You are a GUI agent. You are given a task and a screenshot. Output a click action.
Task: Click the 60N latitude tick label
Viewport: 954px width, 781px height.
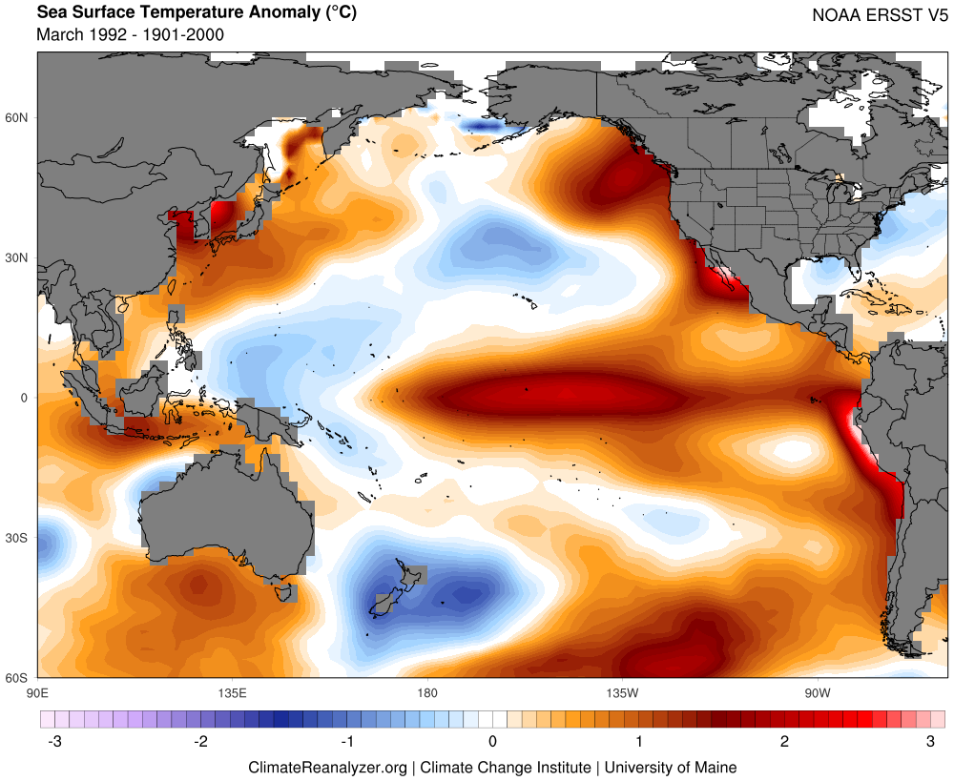pos(18,118)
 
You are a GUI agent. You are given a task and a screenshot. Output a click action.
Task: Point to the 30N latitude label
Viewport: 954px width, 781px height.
pos(18,257)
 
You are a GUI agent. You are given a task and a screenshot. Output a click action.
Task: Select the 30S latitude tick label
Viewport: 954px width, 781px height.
pos(18,538)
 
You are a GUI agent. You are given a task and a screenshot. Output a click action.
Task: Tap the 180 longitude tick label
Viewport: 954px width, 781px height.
pos(426,690)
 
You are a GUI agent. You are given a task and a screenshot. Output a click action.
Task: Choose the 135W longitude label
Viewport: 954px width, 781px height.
pos(620,690)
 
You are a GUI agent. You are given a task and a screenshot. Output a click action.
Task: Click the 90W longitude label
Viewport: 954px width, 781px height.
pos(816,690)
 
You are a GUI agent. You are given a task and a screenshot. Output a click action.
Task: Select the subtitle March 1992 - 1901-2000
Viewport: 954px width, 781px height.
pos(130,34)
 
